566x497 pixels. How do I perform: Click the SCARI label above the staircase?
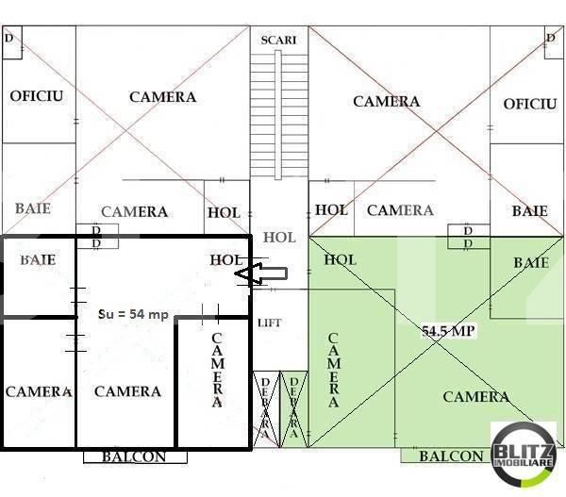279,40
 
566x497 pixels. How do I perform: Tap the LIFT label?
270,323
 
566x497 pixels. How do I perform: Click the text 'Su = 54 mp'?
134,314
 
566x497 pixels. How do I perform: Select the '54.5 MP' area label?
449,332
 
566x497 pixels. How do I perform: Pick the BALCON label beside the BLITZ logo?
451,456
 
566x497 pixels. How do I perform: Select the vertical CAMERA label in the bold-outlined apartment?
217,370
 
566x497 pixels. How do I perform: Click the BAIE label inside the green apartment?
531,262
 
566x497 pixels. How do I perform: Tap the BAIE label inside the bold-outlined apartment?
38,258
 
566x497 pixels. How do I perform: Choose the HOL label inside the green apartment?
340,258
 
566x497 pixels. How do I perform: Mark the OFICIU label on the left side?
37,96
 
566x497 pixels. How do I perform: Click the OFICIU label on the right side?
530,103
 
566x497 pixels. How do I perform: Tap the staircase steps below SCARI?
279,113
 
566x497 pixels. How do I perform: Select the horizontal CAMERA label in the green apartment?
476,397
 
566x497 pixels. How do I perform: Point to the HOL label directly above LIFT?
279,238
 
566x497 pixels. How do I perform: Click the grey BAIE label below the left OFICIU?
33,207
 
